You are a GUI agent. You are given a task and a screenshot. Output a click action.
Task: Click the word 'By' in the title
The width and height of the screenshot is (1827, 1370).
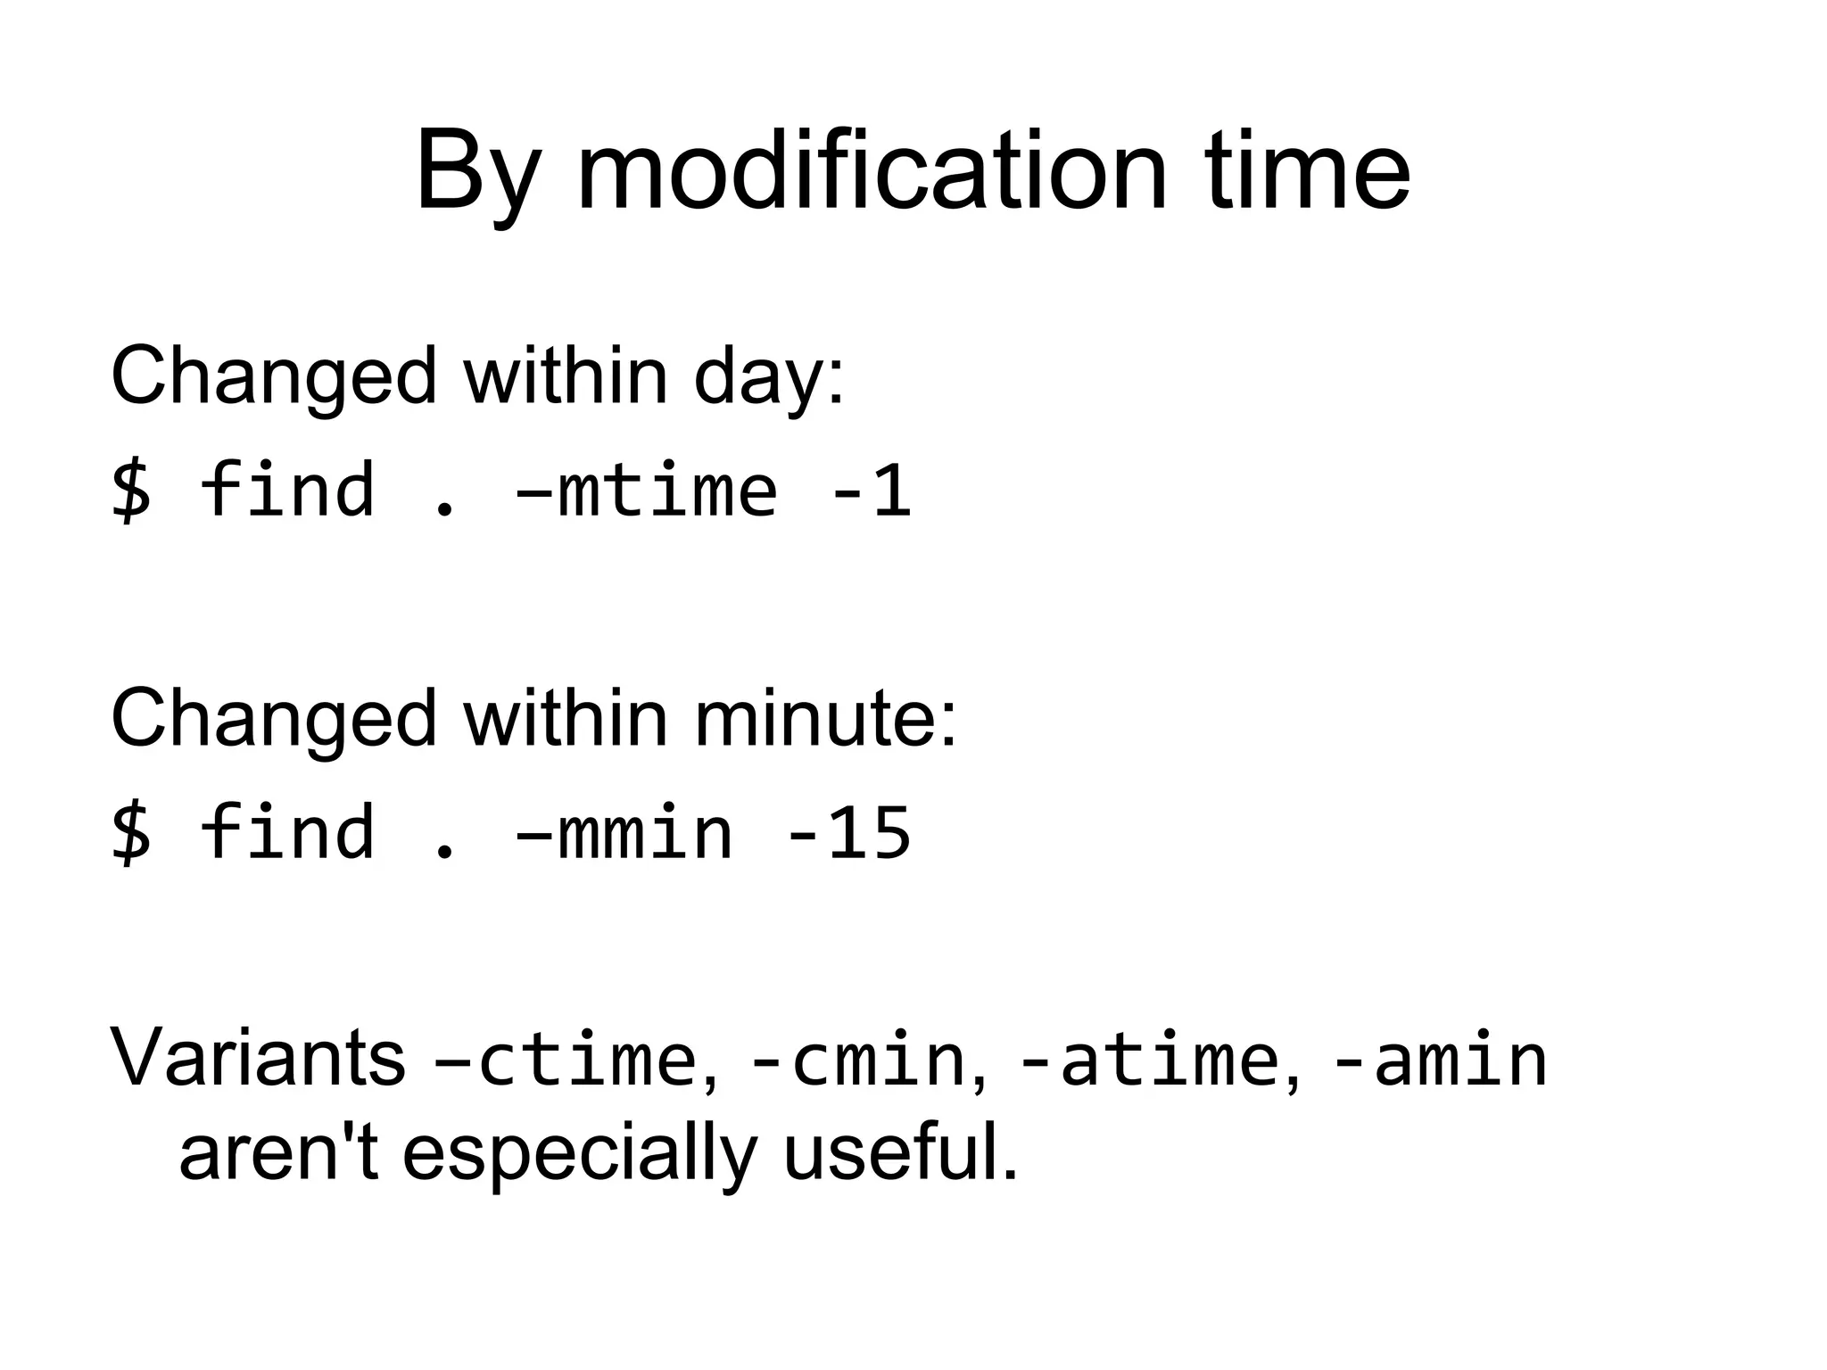[x=478, y=171]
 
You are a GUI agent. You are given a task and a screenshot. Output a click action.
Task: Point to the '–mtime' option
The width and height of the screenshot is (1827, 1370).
[x=647, y=491]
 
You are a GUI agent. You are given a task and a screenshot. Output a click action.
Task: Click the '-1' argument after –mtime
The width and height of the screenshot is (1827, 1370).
[x=870, y=491]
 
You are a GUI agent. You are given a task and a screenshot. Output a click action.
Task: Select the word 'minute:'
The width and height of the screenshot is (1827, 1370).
[x=825, y=719]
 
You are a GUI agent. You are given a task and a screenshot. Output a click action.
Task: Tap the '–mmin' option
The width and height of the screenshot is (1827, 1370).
[x=624, y=833]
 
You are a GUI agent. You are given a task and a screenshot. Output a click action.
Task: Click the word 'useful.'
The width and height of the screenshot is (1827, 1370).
[x=901, y=1152]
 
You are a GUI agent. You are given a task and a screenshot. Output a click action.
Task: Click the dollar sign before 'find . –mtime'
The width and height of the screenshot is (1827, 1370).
[x=132, y=491]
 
